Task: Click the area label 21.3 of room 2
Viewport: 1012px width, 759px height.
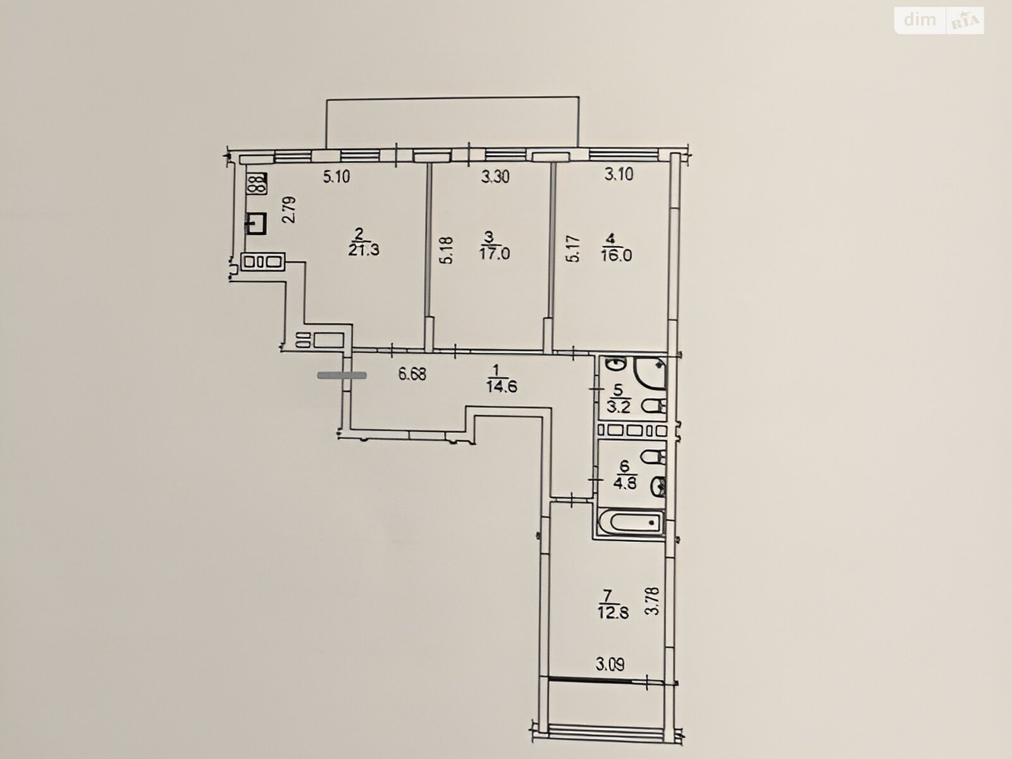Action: click(364, 250)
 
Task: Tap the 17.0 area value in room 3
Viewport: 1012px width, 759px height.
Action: click(495, 254)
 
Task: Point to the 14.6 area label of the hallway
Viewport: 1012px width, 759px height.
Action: click(502, 386)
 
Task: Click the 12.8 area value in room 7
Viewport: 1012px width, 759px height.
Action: click(614, 614)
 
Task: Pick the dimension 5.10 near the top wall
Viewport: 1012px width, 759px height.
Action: click(336, 176)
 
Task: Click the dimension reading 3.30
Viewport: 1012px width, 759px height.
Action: click(495, 176)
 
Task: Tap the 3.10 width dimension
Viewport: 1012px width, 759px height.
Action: click(619, 175)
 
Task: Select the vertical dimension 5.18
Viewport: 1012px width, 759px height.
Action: click(447, 250)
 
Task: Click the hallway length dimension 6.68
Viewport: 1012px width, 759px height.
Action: click(412, 374)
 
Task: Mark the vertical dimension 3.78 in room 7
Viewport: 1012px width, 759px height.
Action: click(654, 600)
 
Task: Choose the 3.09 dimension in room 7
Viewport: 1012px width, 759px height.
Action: click(610, 665)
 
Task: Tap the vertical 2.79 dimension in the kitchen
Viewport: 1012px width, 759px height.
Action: click(290, 210)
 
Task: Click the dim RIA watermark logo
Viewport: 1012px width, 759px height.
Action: click(939, 21)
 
